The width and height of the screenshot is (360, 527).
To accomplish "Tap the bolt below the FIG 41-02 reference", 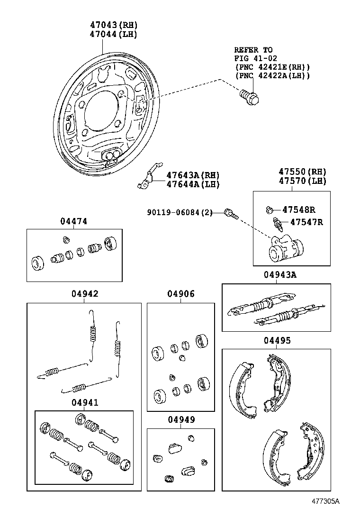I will click(249, 97).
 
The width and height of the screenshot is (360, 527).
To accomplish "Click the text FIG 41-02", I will click(253, 58).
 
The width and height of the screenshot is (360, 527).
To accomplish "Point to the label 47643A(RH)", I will click(193, 175).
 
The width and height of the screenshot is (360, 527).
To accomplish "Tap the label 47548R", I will click(298, 209).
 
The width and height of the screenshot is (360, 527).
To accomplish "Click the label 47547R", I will click(306, 221).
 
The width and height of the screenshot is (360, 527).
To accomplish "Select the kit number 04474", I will click(73, 221).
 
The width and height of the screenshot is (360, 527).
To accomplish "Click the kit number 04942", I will click(85, 294).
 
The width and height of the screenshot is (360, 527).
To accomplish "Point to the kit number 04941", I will click(85, 402).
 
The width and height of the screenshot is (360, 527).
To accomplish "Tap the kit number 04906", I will click(180, 294).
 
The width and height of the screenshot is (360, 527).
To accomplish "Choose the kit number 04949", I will click(180, 420).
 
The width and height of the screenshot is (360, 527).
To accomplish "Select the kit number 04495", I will click(277, 340).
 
